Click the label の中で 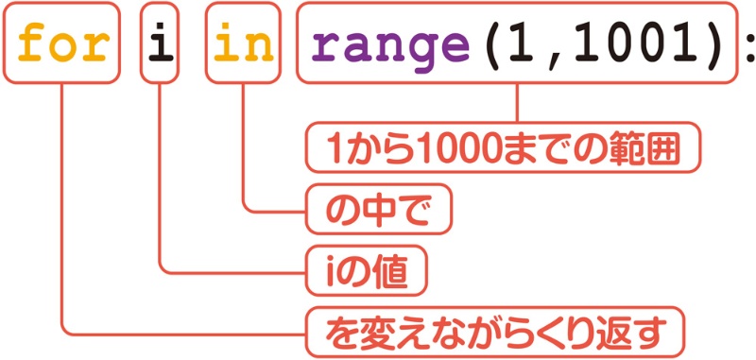(377, 210)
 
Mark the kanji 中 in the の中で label (377, 210)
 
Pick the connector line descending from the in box (244, 142)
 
